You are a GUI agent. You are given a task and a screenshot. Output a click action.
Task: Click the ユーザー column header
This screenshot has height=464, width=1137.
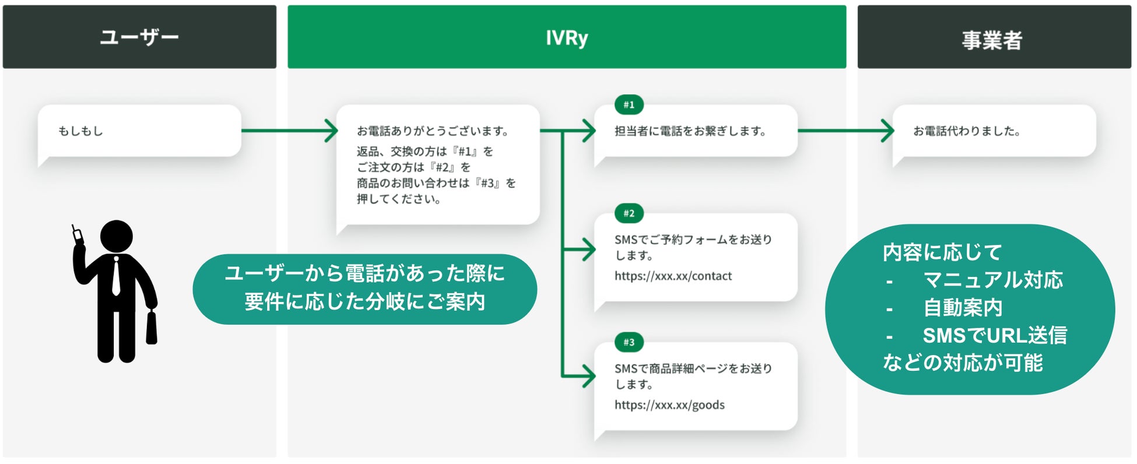tap(139, 37)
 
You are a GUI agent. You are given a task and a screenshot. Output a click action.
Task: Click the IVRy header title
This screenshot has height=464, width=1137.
tap(566, 38)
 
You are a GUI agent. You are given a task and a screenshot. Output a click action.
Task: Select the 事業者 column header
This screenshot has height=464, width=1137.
tap(993, 40)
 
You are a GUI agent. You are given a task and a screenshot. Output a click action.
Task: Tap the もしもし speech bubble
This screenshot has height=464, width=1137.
tap(139, 131)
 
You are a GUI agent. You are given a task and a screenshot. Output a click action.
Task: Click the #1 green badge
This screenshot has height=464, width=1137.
tap(629, 105)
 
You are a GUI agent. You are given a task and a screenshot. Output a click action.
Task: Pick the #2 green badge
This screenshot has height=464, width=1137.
tap(629, 213)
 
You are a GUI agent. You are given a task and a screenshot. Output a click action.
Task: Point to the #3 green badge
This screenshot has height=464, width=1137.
tap(629, 342)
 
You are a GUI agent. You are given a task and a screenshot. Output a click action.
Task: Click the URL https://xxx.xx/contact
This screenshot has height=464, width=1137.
tap(673, 276)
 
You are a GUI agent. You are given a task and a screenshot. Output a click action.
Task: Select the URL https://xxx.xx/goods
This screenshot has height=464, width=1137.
tap(669, 405)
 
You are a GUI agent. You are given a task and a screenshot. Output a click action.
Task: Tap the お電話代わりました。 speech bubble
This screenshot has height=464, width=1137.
tap(994, 131)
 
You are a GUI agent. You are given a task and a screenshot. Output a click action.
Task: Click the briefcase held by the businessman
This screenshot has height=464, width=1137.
tap(152, 328)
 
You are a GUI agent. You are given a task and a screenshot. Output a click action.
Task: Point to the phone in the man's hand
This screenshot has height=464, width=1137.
tap(76, 234)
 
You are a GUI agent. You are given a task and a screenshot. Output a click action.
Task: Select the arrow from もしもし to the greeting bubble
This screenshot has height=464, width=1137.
tap(290, 131)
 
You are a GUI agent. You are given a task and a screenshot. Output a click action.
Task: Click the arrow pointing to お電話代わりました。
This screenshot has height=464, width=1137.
tap(845, 131)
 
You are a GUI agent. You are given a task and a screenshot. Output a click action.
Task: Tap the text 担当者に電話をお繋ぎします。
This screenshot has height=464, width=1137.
tap(690, 131)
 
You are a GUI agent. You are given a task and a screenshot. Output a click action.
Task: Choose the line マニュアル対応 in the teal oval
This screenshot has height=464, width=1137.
tap(992, 280)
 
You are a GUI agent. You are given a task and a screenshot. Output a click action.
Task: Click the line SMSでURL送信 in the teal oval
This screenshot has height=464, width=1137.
tap(994, 336)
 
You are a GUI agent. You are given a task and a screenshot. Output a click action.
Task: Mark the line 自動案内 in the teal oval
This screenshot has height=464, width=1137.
tap(963, 308)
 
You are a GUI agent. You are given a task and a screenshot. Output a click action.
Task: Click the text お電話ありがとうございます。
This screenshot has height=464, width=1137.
tap(433, 131)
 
